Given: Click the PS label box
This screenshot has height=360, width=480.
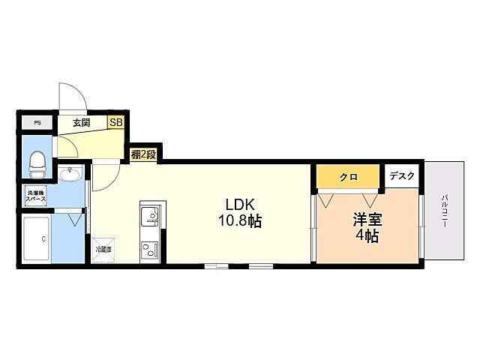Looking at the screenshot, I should (37, 122).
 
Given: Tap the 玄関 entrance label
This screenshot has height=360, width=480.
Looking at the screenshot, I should (82, 122).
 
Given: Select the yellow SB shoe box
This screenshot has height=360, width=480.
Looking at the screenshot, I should (117, 122).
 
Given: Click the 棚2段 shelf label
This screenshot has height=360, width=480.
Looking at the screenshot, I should (142, 155).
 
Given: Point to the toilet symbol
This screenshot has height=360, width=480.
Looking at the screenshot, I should (36, 161).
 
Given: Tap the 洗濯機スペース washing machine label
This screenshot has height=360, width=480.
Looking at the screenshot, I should (37, 198).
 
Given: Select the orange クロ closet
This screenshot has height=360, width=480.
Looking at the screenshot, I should (349, 177).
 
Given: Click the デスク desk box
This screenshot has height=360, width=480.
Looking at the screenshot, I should (402, 176).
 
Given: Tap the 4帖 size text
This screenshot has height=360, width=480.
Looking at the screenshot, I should (367, 236).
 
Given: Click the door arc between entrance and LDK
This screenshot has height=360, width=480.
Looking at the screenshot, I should (105, 176).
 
